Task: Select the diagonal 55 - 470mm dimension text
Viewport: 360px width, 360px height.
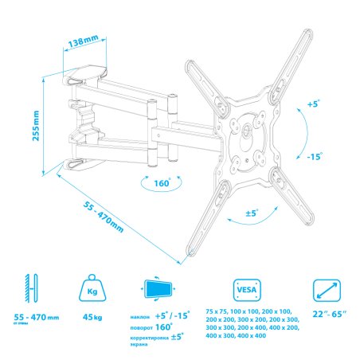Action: (104, 214)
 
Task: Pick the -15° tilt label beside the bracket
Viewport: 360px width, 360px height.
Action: (315, 157)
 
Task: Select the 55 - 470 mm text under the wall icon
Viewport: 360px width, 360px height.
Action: (36, 318)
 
